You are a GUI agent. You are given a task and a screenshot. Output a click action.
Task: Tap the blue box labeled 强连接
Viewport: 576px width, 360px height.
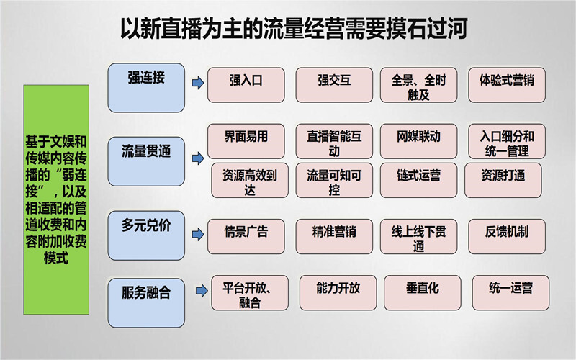[x=146, y=87]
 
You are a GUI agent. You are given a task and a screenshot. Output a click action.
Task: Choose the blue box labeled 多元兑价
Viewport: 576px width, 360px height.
[x=146, y=235]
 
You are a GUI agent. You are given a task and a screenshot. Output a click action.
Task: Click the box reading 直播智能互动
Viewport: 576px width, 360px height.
[x=334, y=143]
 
